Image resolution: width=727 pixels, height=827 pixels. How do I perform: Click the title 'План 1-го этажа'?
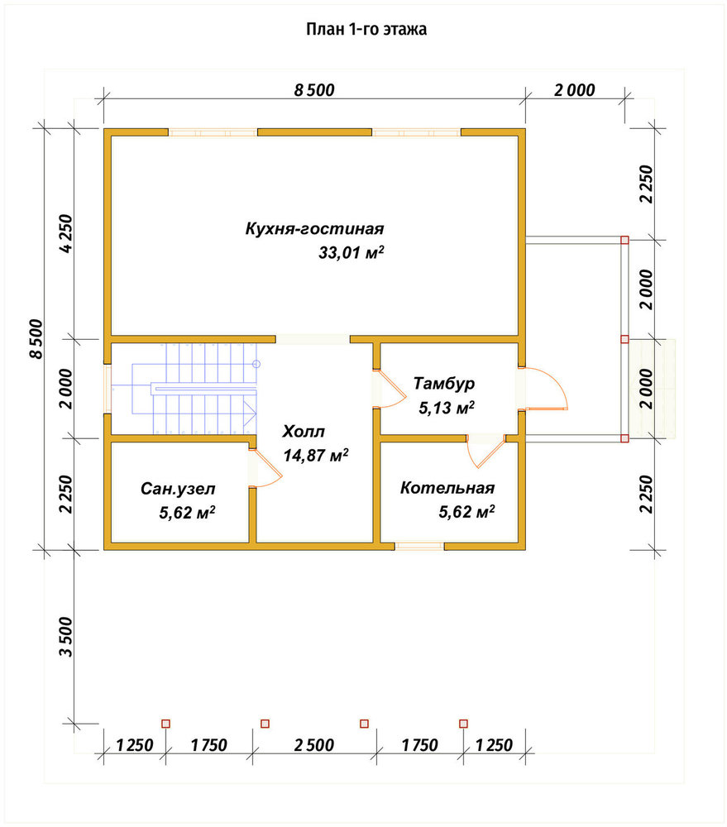click(366, 29)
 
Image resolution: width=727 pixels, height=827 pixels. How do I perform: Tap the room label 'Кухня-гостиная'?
click(314, 229)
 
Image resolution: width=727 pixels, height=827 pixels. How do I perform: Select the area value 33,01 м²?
click(351, 252)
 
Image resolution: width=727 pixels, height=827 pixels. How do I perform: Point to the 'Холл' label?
click(304, 432)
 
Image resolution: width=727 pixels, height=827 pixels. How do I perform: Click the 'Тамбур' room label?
click(443, 384)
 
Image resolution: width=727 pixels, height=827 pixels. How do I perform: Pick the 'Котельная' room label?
click(447, 488)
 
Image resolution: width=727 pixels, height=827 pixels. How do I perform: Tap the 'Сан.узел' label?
click(178, 489)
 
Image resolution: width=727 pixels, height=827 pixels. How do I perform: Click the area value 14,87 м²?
click(315, 455)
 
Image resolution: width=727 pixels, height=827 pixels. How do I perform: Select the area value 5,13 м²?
click(447, 408)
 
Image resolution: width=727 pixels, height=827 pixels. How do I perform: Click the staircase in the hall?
click(194, 389)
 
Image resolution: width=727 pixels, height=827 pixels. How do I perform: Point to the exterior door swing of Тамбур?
click(544, 388)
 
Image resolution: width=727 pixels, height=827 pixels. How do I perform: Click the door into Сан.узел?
click(265, 467)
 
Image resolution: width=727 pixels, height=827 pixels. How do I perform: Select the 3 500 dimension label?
click(66, 637)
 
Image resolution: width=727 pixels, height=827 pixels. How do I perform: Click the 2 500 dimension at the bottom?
click(314, 745)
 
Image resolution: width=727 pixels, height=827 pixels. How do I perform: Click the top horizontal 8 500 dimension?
click(314, 90)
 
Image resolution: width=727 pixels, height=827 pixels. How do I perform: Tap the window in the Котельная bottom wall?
click(419, 547)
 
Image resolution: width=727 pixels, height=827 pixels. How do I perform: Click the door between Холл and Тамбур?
click(390, 390)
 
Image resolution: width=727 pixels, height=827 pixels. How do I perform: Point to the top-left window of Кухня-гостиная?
click(213, 132)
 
